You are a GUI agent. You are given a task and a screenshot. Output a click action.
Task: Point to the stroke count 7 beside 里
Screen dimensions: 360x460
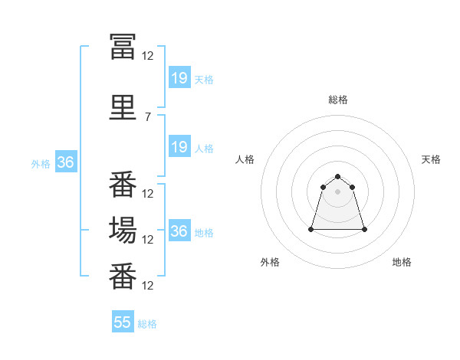tap(147, 117)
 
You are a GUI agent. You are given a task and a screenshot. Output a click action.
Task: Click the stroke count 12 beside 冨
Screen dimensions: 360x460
tap(147, 55)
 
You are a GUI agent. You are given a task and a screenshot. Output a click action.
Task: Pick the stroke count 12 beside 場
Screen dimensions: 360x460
tap(147, 239)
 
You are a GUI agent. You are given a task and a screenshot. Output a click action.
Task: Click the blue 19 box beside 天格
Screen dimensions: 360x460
tap(179, 78)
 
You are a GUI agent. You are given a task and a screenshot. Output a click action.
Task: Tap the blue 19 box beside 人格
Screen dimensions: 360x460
tap(179, 147)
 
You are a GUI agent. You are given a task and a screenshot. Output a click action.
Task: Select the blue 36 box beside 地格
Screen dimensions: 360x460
tap(179, 231)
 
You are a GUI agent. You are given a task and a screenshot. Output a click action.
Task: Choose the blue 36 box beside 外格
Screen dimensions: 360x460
tap(65, 162)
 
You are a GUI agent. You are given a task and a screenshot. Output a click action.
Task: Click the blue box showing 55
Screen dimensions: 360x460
tap(123, 322)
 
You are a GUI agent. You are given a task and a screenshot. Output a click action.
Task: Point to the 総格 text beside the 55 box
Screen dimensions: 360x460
tap(147, 324)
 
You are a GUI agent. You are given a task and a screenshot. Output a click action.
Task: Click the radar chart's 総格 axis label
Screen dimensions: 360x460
tap(338, 100)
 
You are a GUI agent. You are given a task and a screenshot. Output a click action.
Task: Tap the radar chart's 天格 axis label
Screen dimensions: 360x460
tap(432, 159)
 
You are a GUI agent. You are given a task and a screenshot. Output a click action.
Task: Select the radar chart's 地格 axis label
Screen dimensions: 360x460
tap(402, 262)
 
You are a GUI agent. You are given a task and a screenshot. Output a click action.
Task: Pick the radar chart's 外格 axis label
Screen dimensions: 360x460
tap(270, 262)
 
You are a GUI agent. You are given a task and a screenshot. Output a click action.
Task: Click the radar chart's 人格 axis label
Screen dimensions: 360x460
tap(245, 159)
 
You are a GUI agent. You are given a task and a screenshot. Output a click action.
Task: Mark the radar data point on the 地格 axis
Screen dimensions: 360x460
tap(363, 229)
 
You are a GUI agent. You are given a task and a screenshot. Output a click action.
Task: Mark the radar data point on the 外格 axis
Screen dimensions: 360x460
tap(312, 229)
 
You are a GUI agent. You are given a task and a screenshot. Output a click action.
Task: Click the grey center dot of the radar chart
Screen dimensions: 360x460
tap(338, 191)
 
